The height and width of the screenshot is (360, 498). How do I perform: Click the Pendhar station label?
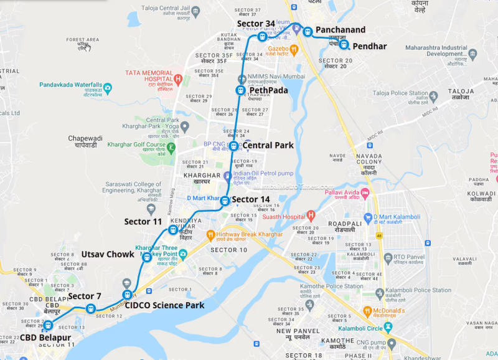(369, 47)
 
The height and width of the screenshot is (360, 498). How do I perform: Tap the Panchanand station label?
(340, 30)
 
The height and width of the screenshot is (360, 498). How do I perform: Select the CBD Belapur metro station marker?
(47, 325)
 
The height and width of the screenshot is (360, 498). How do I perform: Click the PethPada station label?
(268, 90)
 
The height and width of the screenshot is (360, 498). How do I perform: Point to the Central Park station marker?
(233, 146)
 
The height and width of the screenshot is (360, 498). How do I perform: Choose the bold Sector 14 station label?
(251, 200)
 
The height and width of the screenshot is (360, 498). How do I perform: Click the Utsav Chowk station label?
(107, 254)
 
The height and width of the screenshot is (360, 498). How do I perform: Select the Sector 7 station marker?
(91, 308)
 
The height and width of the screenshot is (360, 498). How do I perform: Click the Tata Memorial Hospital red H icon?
(178, 79)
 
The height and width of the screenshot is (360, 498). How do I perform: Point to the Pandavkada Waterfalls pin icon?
(108, 88)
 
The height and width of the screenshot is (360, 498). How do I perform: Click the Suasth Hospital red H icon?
(311, 216)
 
